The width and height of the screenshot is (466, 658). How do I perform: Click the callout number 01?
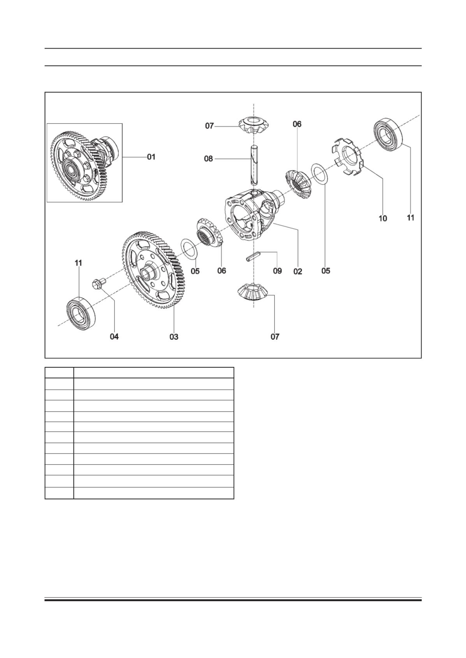click(x=151, y=157)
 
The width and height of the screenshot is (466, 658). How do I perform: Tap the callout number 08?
click(x=208, y=159)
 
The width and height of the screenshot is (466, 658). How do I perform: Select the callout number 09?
click(x=277, y=271)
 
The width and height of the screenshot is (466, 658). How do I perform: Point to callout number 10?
click(x=383, y=218)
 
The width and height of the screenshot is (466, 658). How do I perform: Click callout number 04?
click(x=114, y=337)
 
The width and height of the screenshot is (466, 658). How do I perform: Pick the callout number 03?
click(x=174, y=337)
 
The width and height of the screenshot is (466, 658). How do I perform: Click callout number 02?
click(x=298, y=271)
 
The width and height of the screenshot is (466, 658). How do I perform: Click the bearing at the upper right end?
click(x=390, y=132)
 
